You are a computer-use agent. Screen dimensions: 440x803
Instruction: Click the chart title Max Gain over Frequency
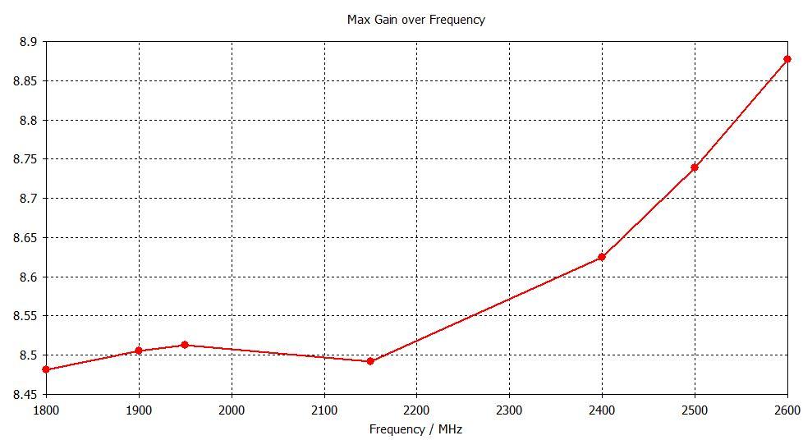(415, 20)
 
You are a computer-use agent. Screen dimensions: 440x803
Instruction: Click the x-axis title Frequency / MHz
(415, 429)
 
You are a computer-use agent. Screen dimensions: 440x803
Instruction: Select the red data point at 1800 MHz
(46, 370)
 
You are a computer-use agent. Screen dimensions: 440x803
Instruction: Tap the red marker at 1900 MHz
(139, 351)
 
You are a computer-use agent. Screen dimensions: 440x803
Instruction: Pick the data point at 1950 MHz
(185, 345)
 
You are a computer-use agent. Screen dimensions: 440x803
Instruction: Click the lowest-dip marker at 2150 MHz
(370, 361)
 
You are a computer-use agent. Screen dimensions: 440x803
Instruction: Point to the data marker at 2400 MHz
(602, 257)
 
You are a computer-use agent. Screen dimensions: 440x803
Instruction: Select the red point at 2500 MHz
(695, 167)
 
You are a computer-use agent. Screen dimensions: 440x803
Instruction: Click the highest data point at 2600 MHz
(787, 59)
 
